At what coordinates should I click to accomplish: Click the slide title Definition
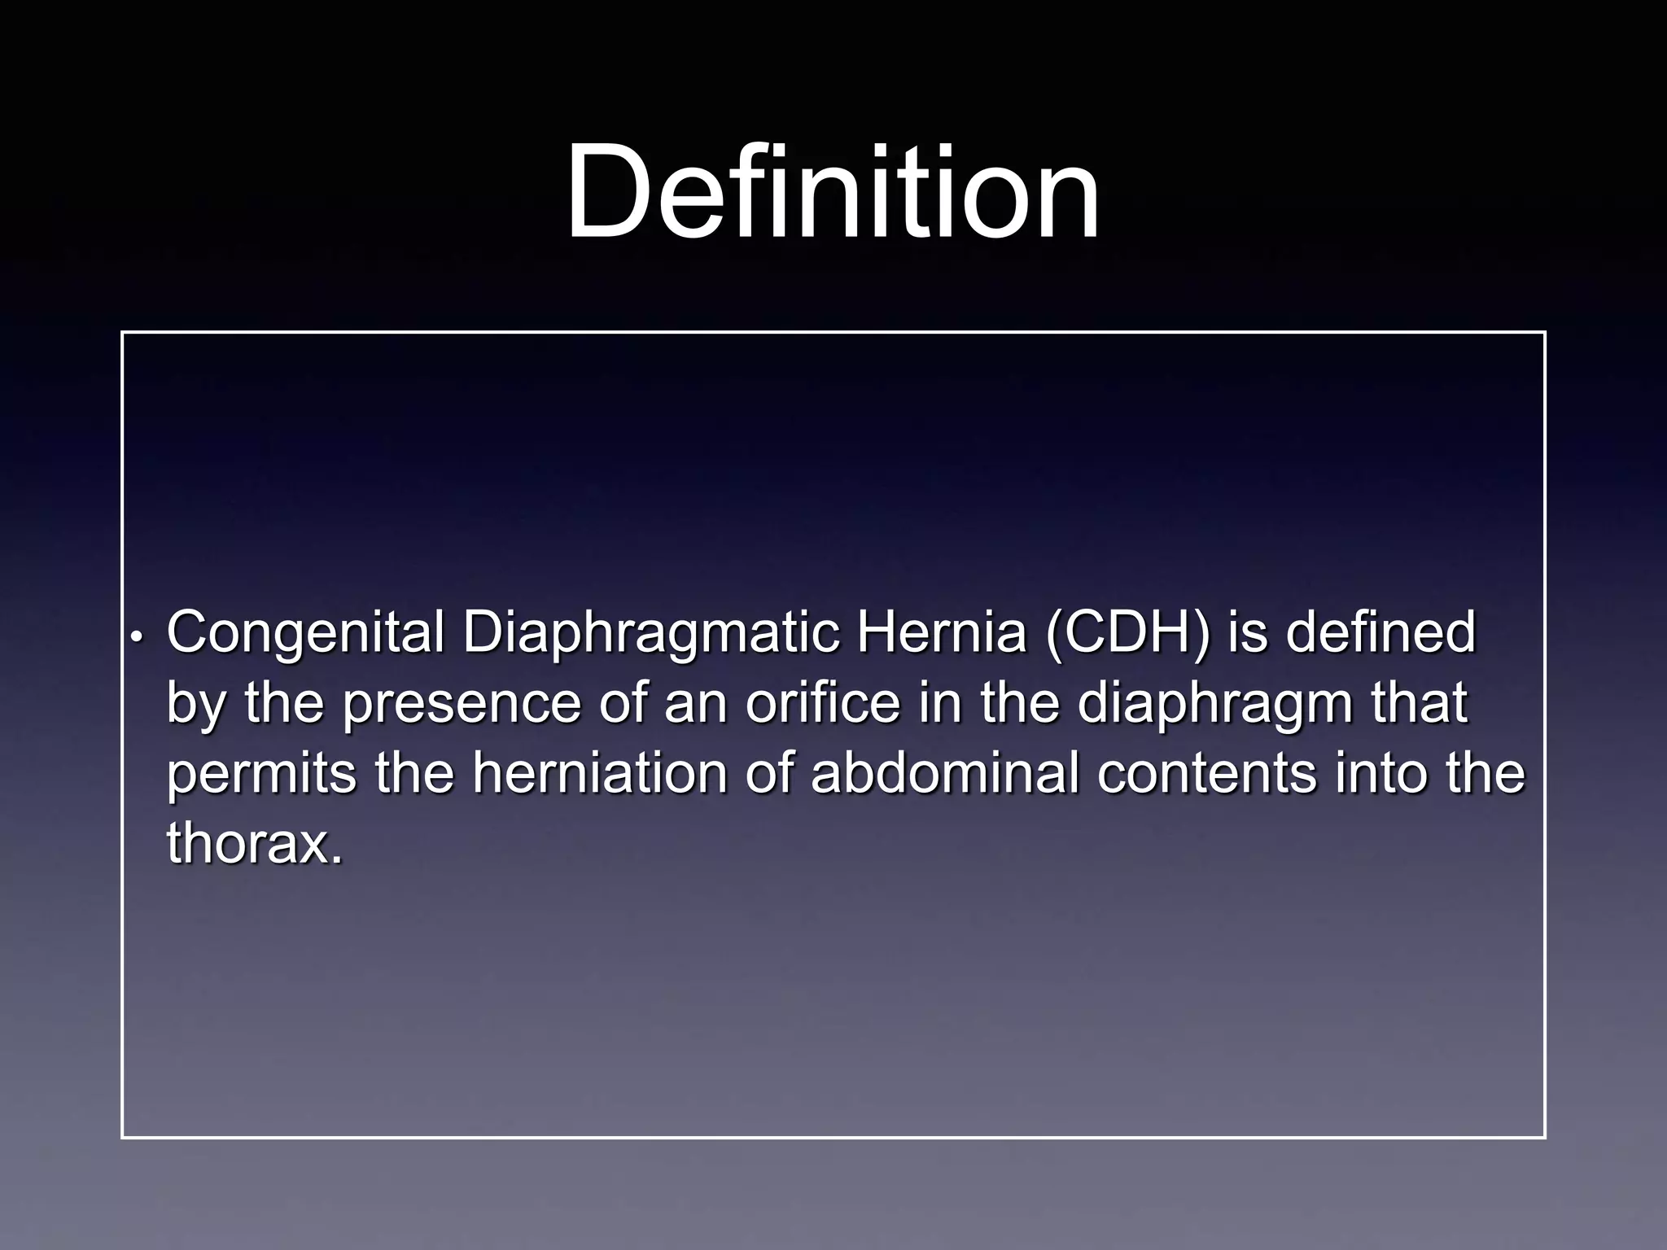[832, 192]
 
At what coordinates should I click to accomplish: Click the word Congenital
[305, 633]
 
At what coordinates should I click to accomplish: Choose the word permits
[261, 775]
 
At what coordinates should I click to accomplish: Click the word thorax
[253, 843]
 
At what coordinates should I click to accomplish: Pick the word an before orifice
[694, 703]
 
